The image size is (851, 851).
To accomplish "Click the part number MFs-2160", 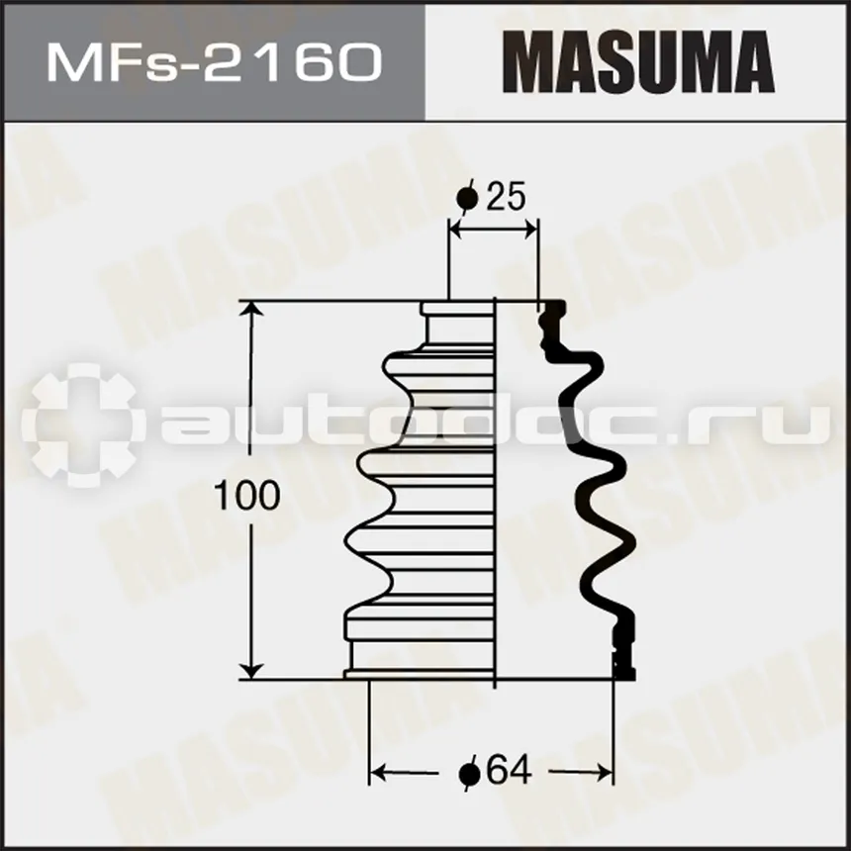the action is pos(215,63).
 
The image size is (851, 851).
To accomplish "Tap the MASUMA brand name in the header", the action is pos(638,62).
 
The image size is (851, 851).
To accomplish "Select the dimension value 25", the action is pos(507,197).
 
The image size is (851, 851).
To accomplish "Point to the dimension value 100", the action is pos(247,496).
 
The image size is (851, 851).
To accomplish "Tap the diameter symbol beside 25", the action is pos(468,198).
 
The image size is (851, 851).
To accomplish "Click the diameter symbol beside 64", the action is pos(469,773).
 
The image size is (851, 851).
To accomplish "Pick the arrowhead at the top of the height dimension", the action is pos(250,310).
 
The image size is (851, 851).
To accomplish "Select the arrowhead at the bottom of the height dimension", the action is pos(250,670).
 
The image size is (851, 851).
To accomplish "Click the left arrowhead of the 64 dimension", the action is pos(377,772).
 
